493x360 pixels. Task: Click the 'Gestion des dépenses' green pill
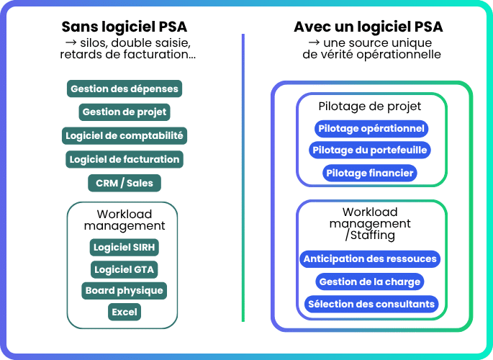pyautogui.click(x=124, y=89)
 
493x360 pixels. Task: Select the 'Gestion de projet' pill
pyautogui.click(x=124, y=112)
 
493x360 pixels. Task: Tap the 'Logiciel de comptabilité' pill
pyautogui.click(x=124, y=135)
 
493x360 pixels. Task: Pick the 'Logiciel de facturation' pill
pyautogui.click(x=124, y=158)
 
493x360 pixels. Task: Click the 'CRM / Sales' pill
pyautogui.click(x=124, y=183)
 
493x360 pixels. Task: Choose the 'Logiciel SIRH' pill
pyautogui.click(x=124, y=247)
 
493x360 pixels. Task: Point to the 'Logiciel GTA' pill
pyautogui.click(x=124, y=269)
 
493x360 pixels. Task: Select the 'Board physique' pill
pyautogui.click(x=124, y=290)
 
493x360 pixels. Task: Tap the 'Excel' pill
pyautogui.click(x=124, y=312)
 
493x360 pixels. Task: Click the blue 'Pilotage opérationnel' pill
pyautogui.click(x=371, y=129)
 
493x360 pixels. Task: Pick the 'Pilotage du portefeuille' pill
pyautogui.click(x=371, y=150)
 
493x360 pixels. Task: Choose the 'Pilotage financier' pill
pyautogui.click(x=370, y=173)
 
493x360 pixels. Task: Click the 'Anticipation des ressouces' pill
pyautogui.click(x=370, y=258)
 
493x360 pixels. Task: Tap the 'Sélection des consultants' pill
pyautogui.click(x=371, y=304)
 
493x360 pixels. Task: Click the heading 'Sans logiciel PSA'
pyautogui.click(x=124, y=27)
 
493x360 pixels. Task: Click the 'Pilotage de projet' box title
pyautogui.click(x=370, y=107)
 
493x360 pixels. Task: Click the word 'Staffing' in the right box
pyautogui.click(x=373, y=235)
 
